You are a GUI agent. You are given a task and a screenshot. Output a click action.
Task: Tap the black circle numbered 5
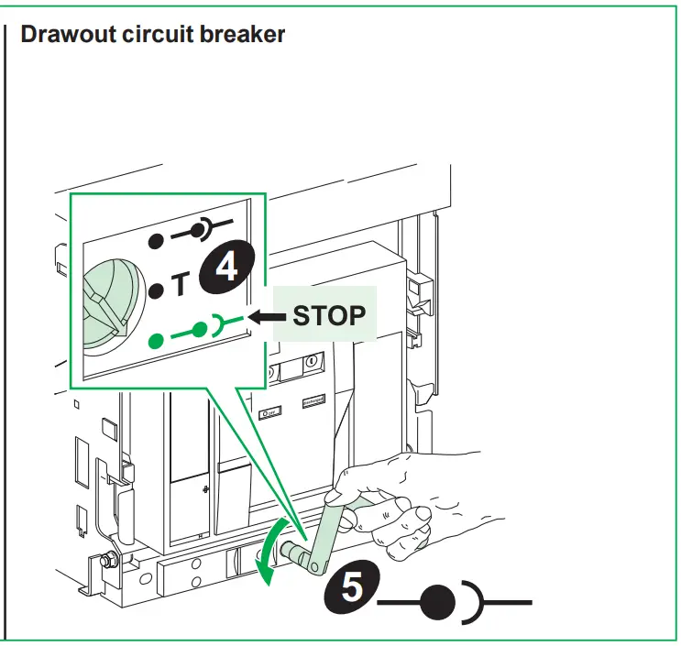click(351, 587)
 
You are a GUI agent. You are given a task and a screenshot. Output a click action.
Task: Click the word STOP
click(329, 316)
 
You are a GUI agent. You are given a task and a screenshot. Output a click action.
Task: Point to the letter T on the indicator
click(180, 288)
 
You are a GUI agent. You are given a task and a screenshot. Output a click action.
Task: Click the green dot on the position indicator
click(158, 340)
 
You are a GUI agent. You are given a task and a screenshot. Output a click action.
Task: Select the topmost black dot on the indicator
click(157, 242)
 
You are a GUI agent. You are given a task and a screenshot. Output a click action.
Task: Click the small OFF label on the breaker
click(269, 413)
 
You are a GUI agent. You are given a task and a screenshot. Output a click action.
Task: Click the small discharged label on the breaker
click(314, 401)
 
